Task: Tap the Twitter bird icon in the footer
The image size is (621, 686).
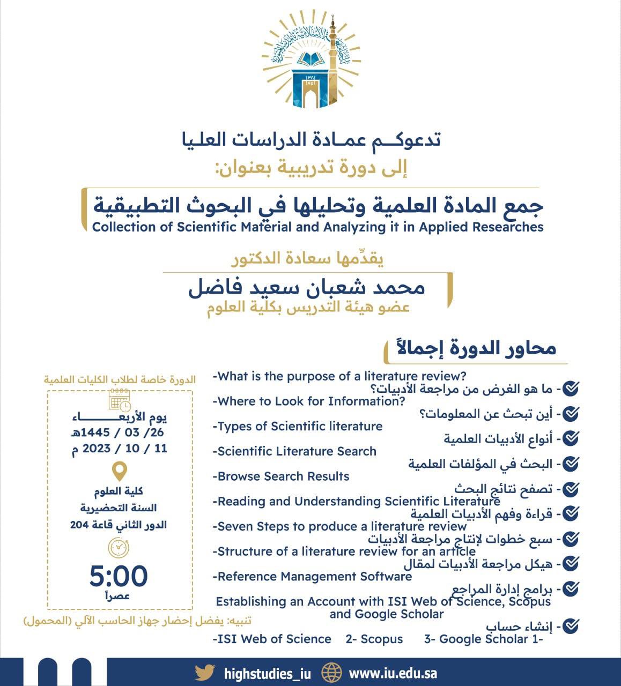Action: [205, 673]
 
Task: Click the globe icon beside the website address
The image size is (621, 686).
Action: [331, 673]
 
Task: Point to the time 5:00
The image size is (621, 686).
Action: [119, 576]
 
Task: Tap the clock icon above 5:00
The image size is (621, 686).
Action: [119, 548]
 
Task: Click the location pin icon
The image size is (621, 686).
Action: [119, 471]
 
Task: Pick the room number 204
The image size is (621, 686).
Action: [79, 525]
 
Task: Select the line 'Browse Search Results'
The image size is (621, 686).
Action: [281, 476]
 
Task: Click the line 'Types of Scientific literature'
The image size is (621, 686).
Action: [298, 427]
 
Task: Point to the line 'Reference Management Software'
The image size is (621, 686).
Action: [312, 577]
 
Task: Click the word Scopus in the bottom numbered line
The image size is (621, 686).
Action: [381, 639]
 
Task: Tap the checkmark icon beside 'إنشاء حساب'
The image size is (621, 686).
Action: [572, 625]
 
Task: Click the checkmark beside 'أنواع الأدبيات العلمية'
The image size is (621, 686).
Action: [572, 438]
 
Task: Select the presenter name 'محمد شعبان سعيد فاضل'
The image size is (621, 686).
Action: [307, 288]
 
